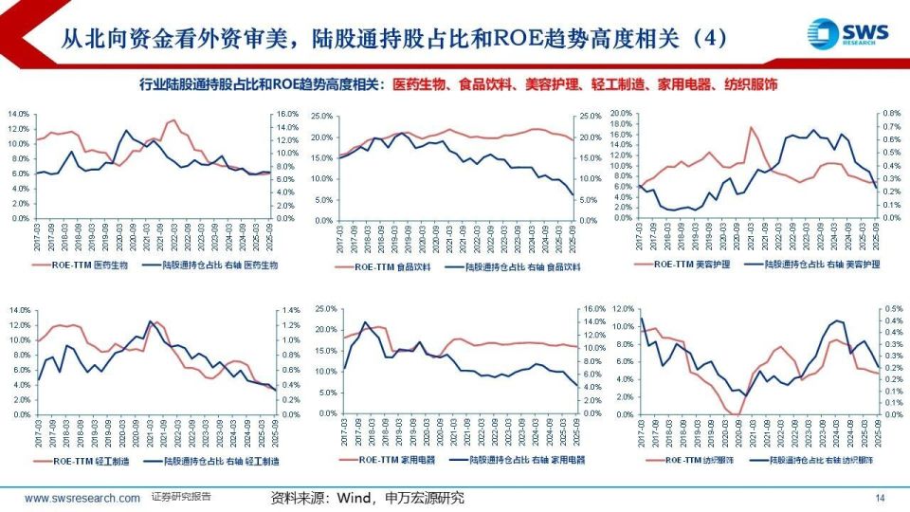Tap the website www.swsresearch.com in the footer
pyautogui.click(x=82, y=498)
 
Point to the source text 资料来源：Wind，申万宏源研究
pyautogui.click(x=368, y=498)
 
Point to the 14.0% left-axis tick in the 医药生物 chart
pyautogui.click(x=18, y=114)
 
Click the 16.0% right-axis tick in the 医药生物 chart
pyautogui.click(x=286, y=114)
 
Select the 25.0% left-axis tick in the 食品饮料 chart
pyautogui.click(x=321, y=116)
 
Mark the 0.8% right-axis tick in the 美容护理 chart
pyautogui.click(x=891, y=113)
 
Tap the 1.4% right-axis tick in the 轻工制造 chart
pyautogui.click(x=285, y=310)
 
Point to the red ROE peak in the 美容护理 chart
pyautogui.click(x=751, y=127)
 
